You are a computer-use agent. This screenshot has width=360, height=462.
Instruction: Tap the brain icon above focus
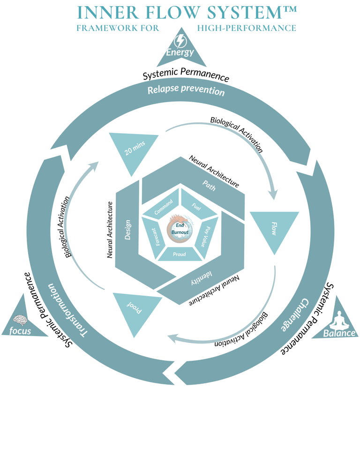[20, 320]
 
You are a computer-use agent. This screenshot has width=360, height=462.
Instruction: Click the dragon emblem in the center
[180, 228]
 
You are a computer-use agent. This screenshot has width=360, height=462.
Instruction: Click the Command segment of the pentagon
[164, 206]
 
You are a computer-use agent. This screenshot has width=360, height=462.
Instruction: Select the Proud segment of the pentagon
[180, 254]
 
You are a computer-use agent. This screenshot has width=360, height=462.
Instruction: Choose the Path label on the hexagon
[209, 184]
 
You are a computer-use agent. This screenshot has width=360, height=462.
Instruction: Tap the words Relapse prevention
[186, 90]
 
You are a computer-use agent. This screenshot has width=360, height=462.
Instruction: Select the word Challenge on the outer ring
[293, 314]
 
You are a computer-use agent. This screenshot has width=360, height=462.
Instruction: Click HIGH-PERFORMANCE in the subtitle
[247, 28]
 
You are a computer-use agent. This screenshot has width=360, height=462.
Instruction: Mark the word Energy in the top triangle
[180, 52]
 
